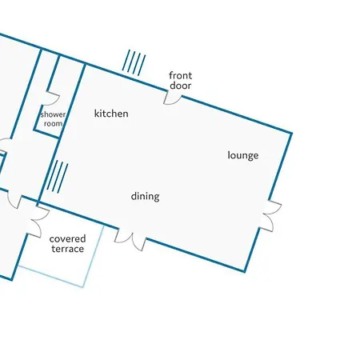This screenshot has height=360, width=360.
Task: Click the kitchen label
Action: pos(111,114)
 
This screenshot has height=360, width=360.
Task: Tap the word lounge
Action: pos(243,155)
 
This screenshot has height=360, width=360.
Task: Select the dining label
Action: pos(146,197)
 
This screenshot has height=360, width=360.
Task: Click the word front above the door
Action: pos(181,75)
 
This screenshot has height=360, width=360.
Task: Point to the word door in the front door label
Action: pos(181,86)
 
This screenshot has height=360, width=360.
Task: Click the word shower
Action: pos(53,114)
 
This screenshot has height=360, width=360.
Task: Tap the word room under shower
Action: pos(54,123)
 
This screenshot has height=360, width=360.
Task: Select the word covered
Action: pos(67,238)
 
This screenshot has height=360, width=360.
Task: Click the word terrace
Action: pos(68,249)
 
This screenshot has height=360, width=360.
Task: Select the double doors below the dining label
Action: pos(130,241)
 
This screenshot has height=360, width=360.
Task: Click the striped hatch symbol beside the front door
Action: pos(134,62)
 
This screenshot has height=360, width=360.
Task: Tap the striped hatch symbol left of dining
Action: pos(58,177)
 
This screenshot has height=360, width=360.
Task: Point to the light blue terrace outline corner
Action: pos(83,286)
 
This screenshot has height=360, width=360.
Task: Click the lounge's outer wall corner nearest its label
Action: pos(291,133)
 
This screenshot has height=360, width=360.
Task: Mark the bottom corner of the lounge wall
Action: pos(245,271)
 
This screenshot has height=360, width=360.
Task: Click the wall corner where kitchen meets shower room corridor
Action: pos(85,65)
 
